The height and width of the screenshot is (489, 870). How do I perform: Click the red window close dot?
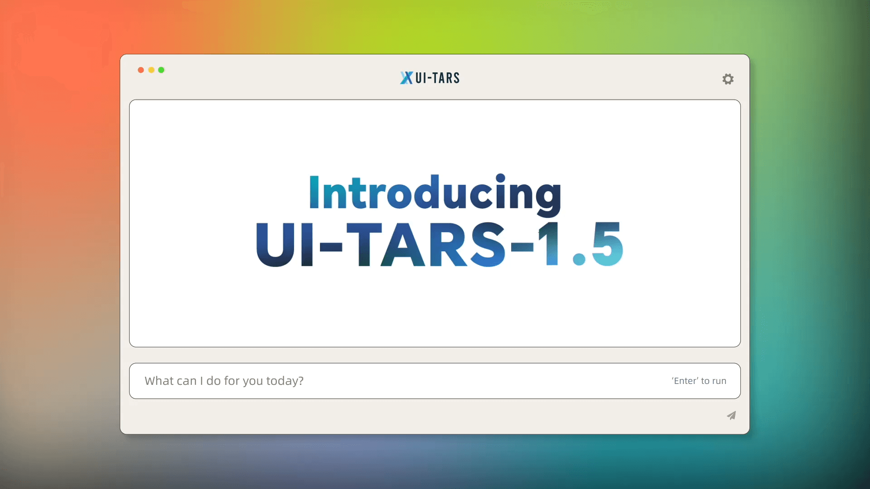(x=141, y=70)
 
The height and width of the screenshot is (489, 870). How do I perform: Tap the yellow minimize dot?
(x=151, y=70)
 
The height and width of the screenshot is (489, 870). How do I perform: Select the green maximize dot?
(x=161, y=70)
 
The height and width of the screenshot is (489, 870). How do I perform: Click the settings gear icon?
(x=728, y=79)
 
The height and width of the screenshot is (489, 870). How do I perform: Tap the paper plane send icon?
(x=731, y=416)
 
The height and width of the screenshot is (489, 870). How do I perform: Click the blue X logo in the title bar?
(x=406, y=78)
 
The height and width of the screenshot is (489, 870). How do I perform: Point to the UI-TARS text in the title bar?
(x=437, y=78)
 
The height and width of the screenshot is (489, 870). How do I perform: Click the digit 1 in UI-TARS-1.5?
(x=550, y=244)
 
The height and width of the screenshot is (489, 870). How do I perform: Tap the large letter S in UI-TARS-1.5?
(x=488, y=244)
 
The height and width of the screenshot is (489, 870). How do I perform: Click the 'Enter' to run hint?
(x=699, y=381)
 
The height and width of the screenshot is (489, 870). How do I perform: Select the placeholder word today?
(x=285, y=381)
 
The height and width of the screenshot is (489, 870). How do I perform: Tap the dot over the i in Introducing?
(x=501, y=178)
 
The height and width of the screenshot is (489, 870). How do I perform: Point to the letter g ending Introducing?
(x=549, y=197)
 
